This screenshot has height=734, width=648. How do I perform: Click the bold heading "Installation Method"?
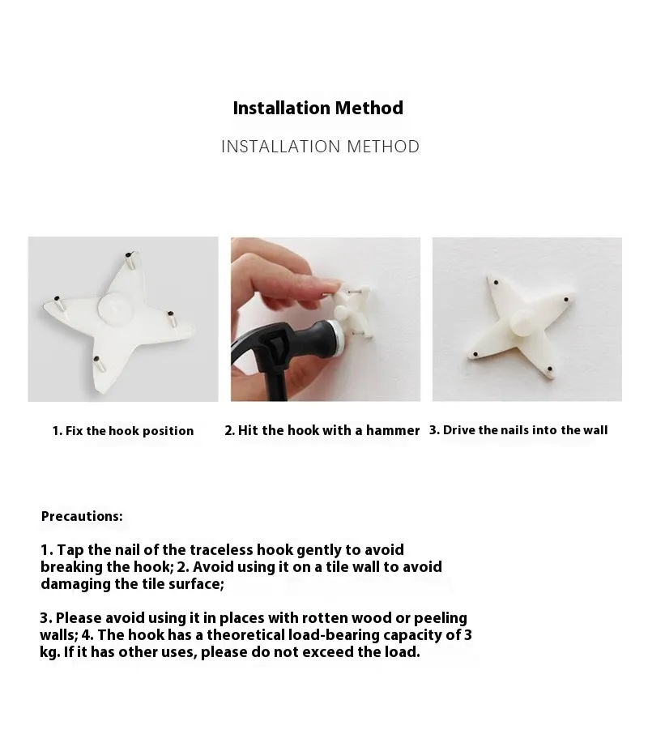click(318, 108)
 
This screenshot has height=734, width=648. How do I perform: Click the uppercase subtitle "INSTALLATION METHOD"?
click(320, 147)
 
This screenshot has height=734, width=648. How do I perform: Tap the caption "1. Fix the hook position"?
click(123, 431)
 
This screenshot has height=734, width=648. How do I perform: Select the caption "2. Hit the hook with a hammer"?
click(322, 430)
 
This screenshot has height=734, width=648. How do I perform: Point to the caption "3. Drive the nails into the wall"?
click(518, 430)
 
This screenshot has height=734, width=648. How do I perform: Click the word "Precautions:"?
click(82, 516)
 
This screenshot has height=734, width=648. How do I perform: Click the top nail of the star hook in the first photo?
click(130, 260)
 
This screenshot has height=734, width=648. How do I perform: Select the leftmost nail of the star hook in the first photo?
click(58, 302)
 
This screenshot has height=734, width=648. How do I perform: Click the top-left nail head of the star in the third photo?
click(495, 283)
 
